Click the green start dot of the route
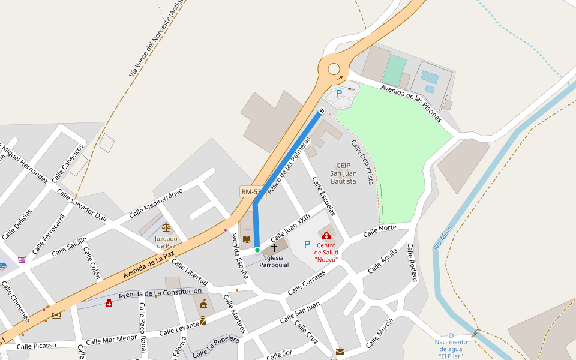[257, 250]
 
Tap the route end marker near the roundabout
[322, 110]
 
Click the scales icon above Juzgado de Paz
[166, 228]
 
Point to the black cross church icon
[274, 247]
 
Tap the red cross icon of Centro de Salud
[326, 236]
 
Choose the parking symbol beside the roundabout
[338, 94]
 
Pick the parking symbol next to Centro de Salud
[307, 244]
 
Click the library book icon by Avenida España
[247, 239]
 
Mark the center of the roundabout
[334, 69]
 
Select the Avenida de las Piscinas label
[411, 103]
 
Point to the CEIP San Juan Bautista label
[343, 173]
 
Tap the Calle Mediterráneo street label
[155, 202]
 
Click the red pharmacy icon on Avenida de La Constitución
[109, 303]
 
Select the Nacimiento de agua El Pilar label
[451, 349]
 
